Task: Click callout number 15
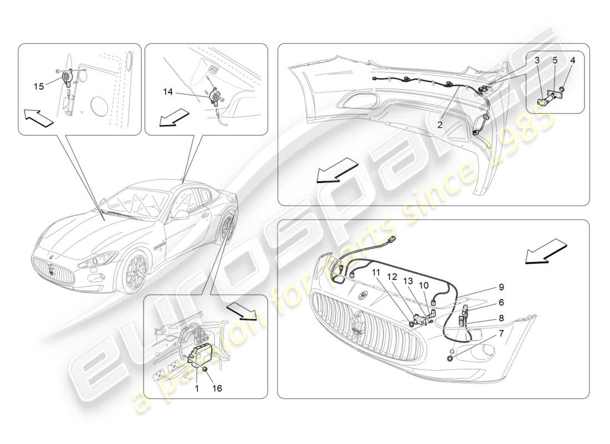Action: tap(38, 86)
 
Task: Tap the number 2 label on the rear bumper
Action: tap(439, 125)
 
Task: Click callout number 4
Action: tap(573, 59)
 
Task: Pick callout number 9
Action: tap(501, 287)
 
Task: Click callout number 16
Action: tap(217, 389)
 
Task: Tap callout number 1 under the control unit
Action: tap(195, 389)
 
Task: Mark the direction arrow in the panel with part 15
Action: tap(39, 118)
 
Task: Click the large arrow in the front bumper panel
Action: tap(546, 253)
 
